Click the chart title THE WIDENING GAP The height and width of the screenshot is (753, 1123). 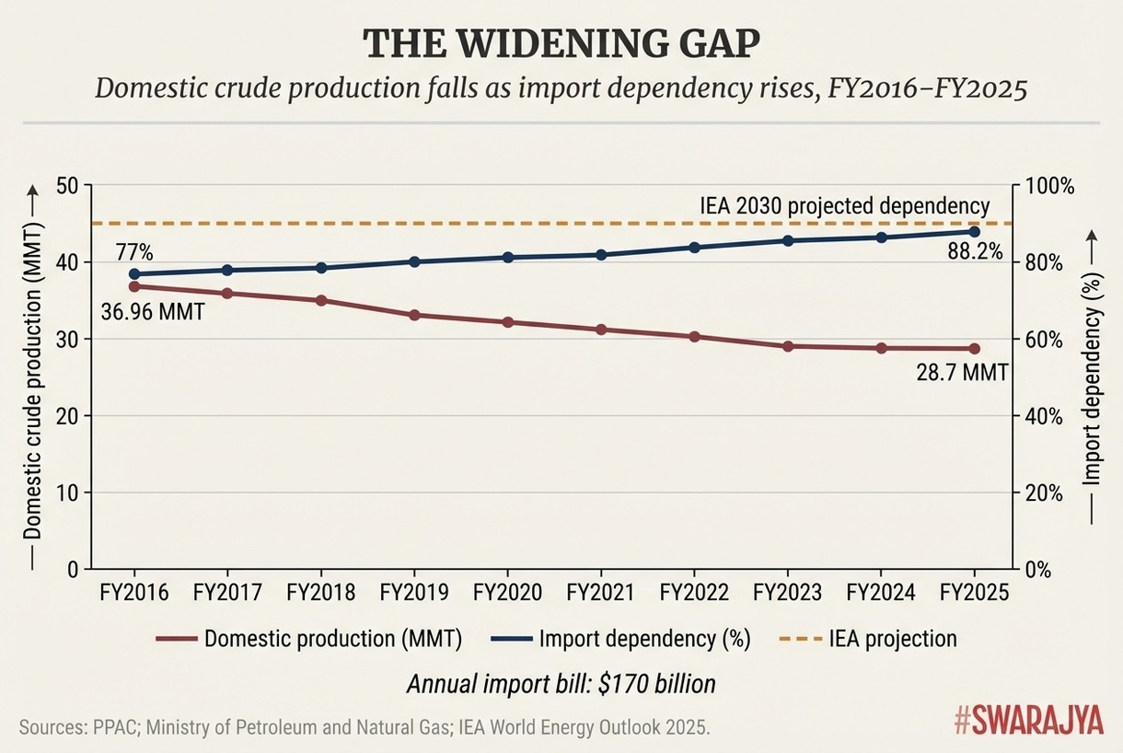coord(561,45)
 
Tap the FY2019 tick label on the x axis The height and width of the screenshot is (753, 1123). coord(413,593)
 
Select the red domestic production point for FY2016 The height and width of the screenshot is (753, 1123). coord(134,286)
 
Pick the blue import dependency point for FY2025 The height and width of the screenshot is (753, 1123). coord(975,231)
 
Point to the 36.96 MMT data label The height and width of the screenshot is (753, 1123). coord(152,312)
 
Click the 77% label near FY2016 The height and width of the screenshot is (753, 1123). coord(134,251)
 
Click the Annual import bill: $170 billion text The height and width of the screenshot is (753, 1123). coord(561,684)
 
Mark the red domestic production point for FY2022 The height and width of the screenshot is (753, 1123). coord(695,337)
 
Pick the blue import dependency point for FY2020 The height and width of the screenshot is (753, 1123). coord(507,257)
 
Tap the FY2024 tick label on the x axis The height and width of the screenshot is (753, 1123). coord(881,593)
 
